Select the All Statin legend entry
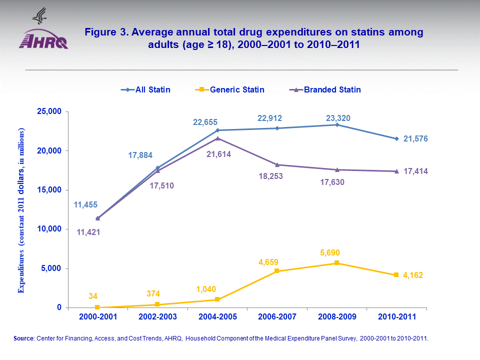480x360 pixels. [145, 90]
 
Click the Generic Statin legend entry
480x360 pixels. [229, 90]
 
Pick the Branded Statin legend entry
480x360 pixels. [325, 90]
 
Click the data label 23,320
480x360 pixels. [338, 118]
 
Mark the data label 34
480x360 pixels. [93, 295]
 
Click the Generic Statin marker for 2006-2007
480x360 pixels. [277, 271]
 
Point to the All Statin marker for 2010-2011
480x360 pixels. [396, 138]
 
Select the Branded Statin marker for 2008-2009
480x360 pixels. [337, 169]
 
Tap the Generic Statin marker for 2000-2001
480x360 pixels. [97, 307]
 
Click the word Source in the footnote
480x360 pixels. [23, 338]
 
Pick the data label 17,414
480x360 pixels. [415, 171]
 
